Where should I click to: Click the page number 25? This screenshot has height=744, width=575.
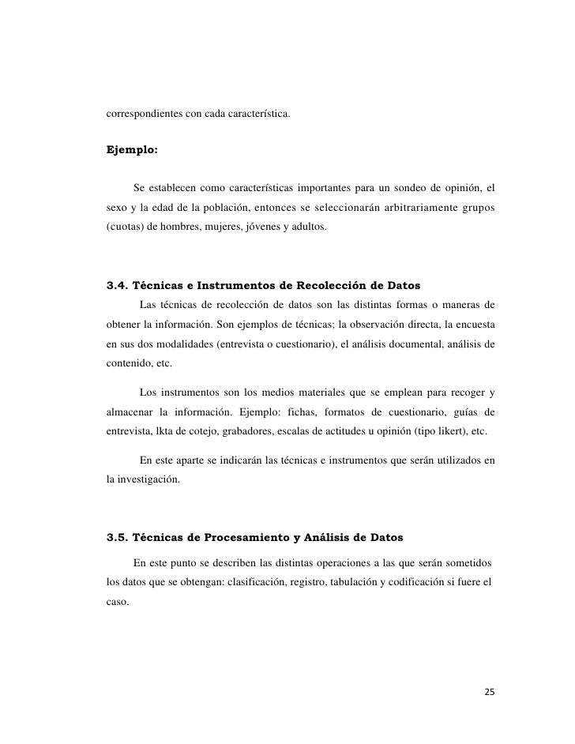(x=489, y=692)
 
